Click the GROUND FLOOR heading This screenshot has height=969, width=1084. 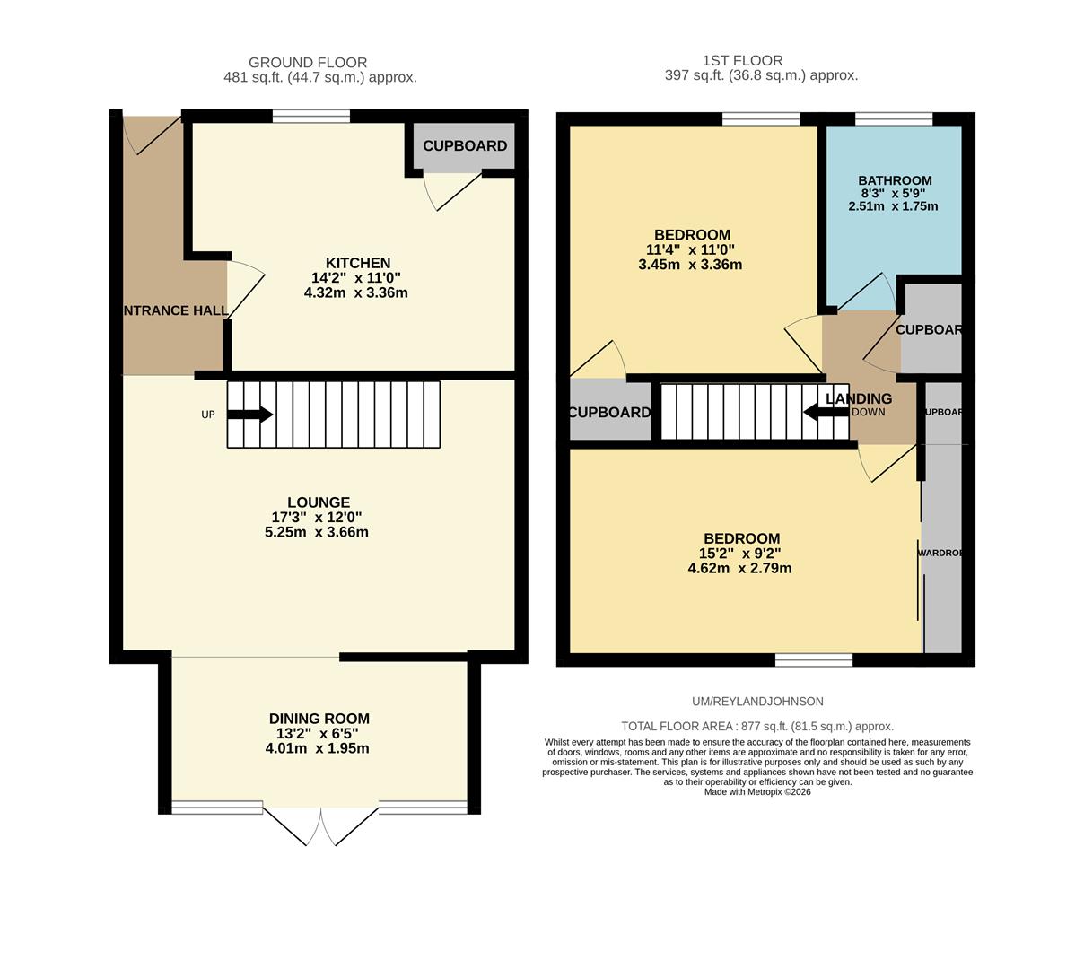click(x=308, y=63)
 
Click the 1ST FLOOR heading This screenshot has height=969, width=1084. click(x=742, y=61)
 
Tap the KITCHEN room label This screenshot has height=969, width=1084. click(x=357, y=263)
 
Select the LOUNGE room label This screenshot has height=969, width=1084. click(x=319, y=502)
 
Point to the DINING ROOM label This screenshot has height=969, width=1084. click(x=319, y=719)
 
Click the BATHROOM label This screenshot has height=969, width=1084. click(x=894, y=180)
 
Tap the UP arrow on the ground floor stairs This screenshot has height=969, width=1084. click(x=249, y=415)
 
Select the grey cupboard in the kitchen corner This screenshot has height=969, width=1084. click(x=464, y=145)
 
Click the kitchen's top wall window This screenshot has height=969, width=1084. click(x=310, y=116)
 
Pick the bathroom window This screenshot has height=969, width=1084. click(x=893, y=118)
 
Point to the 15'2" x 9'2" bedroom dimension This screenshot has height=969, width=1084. click(x=739, y=554)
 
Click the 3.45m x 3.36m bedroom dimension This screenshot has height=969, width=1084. click(x=689, y=265)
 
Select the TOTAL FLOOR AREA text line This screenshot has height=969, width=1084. click(x=756, y=727)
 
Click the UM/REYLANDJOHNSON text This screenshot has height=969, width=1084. click(x=757, y=702)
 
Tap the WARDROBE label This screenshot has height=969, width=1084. click(x=940, y=554)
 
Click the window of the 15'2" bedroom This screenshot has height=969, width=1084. click(x=813, y=660)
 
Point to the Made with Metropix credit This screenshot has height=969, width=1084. click(x=756, y=792)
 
